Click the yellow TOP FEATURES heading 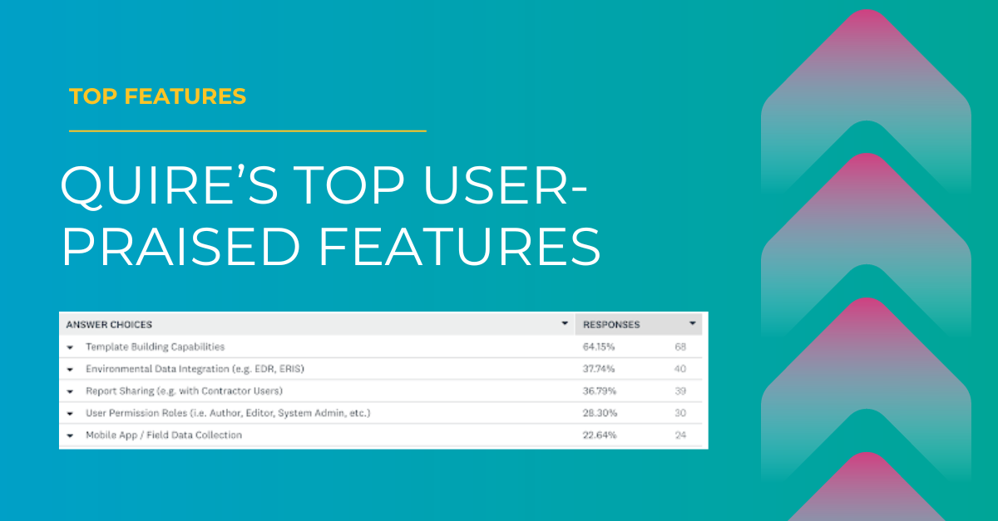point(158,96)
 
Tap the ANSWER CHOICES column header point(109,324)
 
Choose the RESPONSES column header point(611,324)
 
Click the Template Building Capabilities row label point(155,347)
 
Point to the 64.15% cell point(599,347)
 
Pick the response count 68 point(680,347)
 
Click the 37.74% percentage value point(599,368)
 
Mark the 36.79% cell point(599,391)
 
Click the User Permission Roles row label point(227,412)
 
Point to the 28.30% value point(599,412)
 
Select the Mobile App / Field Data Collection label point(164,435)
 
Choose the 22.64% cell point(599,435)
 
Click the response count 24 point(680,435)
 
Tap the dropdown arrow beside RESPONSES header point(692,323)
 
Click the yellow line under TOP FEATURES point(247,130)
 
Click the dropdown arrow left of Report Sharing point(70,391)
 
